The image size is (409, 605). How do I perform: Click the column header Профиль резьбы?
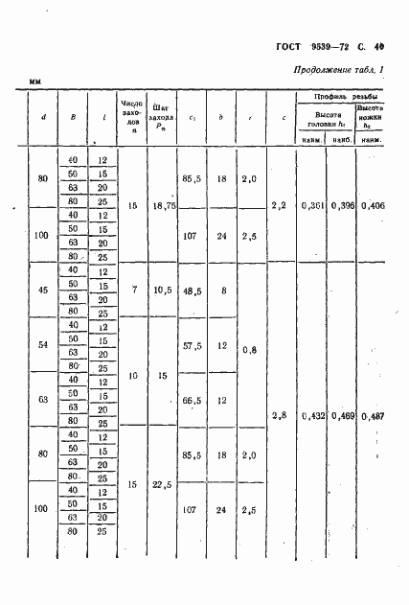(340, 97)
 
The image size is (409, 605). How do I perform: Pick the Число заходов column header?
(132, 113)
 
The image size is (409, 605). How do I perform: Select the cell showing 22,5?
(162, 485)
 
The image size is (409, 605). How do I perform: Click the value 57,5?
(192, 344)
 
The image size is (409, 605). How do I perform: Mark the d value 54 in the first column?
(42, 344)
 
